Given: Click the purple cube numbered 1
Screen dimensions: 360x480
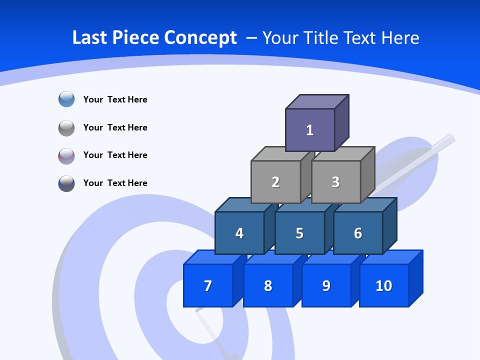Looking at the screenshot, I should pos(310,130).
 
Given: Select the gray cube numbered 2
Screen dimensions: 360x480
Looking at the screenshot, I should pos(275,182).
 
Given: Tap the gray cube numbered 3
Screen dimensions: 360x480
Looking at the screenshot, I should pos(335,182).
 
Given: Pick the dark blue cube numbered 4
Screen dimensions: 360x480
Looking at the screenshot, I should pos(239,233).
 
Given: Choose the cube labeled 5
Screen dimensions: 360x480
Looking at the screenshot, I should pos(299,233).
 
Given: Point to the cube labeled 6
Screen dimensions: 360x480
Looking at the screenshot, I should pos(358,233).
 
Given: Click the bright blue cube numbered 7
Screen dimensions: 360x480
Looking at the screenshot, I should pos(208,285).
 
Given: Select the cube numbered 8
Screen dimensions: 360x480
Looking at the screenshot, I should pos(268,285).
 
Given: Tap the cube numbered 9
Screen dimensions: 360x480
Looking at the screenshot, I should pos(326,285).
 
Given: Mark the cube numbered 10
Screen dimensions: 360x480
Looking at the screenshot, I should pos(384,285).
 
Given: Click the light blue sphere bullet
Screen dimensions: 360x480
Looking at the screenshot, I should pos(66,99).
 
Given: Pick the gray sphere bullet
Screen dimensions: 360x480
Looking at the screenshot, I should pos(66,127).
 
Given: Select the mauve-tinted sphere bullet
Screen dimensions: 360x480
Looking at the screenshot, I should pos(66,155).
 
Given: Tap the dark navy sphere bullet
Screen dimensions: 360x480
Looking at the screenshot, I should pos(66,183).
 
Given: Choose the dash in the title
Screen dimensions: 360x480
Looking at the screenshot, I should pos(252,38).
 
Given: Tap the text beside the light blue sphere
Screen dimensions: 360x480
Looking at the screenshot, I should pos(115,99).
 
